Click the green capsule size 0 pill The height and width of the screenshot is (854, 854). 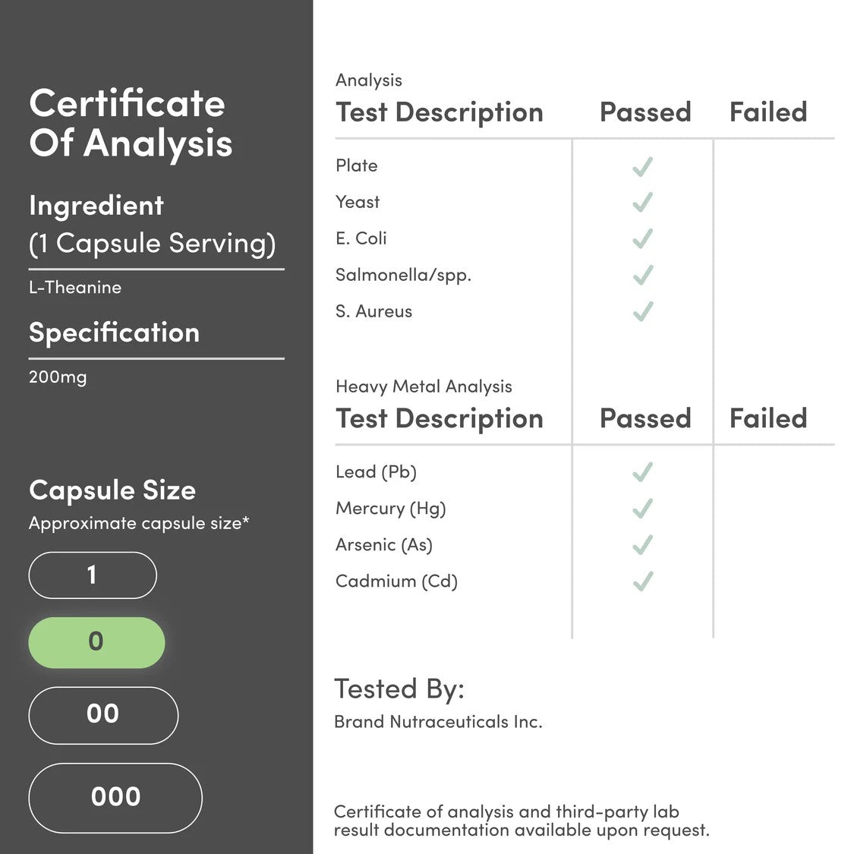click(96, 642)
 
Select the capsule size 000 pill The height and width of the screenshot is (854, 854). click(115, 797)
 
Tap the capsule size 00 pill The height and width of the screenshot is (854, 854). click(103, 714)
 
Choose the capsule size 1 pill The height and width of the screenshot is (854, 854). click(93, 575)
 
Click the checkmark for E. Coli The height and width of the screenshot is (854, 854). click(642, 238)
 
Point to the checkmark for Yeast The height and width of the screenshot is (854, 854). click(642, 202)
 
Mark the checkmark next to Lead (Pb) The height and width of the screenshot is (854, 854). click(642, 472)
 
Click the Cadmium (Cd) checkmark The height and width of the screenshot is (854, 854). click(642, 581)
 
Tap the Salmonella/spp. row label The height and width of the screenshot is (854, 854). click(403, 275)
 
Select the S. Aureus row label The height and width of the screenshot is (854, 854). click(373, 311)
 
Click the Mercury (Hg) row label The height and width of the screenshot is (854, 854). click(390, 509)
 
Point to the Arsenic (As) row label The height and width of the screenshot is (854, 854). click(383, 545)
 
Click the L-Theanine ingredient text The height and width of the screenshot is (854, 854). click(75, 288)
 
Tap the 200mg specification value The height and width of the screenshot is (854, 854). click(58, 377)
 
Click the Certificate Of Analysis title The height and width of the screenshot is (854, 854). click(130, 124)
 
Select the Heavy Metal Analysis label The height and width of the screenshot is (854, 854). click(424, 386)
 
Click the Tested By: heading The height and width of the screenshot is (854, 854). click(399, 689)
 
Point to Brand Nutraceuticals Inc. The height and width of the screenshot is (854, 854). click(438, 722)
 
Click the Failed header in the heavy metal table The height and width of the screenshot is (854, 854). click(767, 418)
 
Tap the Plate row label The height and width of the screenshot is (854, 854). click(356, 165)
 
